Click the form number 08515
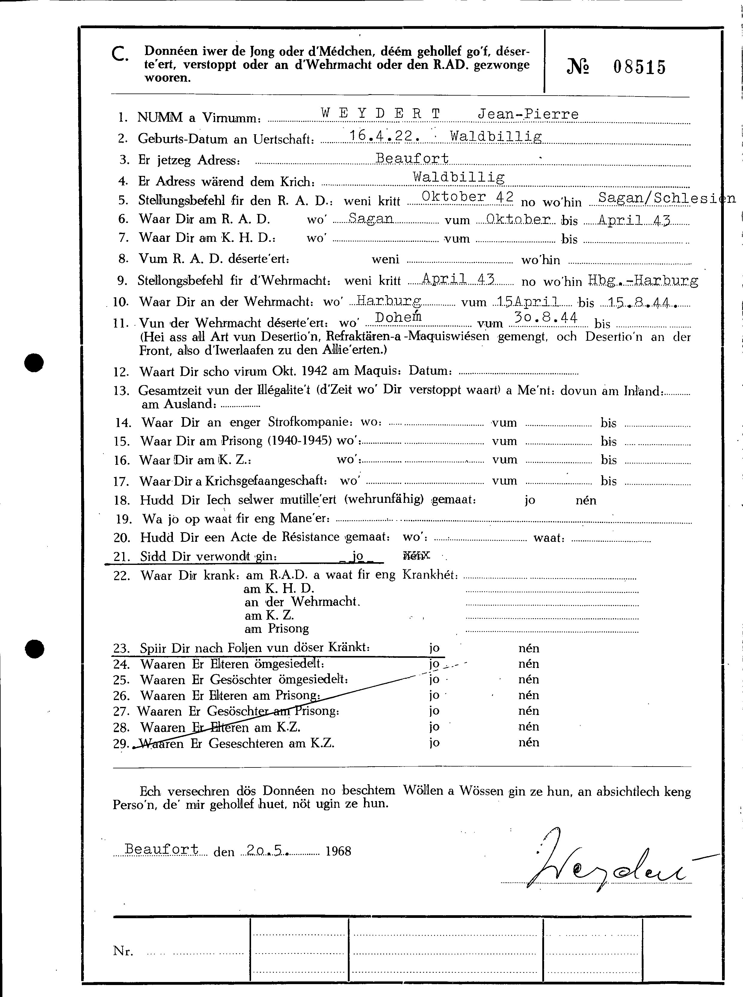pos(639,67)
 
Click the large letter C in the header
pos(120,55)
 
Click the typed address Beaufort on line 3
pos(412,158)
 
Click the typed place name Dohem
pos(398,317)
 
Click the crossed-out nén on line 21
pos(416,556)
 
